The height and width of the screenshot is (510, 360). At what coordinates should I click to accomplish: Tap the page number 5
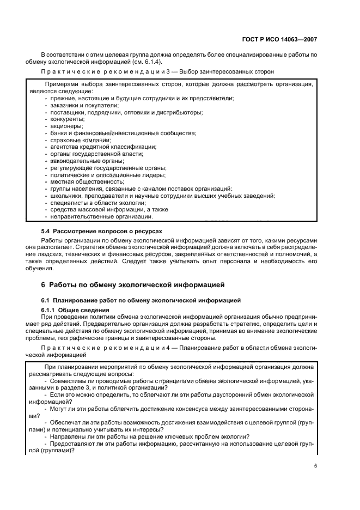coord(316,466)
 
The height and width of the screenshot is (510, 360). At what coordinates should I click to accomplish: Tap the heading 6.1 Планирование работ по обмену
coord(131,300)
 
